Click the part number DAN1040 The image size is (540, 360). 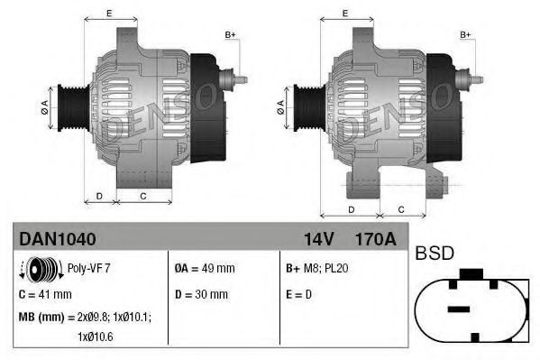57,238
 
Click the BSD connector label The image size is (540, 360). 435,254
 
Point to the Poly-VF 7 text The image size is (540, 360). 88,268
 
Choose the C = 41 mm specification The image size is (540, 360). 45,294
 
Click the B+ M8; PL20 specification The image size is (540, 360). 317,268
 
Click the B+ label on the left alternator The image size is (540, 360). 230,34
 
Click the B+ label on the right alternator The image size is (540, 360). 466,34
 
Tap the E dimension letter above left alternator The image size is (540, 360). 108,13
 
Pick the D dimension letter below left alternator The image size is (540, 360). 99,195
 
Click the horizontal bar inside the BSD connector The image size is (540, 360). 459,309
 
